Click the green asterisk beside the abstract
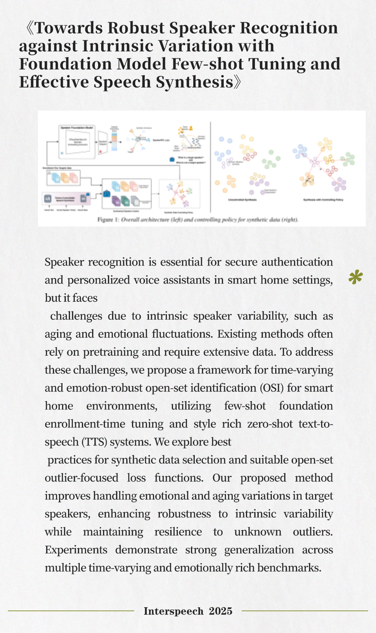[355, 278]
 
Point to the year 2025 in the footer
[221, 611]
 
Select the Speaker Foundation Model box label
[77, 128]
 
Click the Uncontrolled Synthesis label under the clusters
[243, 200]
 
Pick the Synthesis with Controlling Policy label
[323, 200]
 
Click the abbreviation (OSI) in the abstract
[271, 388]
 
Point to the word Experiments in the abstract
[76, 550]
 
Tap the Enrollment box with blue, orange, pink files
[64, 178]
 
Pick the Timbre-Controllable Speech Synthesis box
[65, 198]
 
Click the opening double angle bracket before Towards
[29, 28]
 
